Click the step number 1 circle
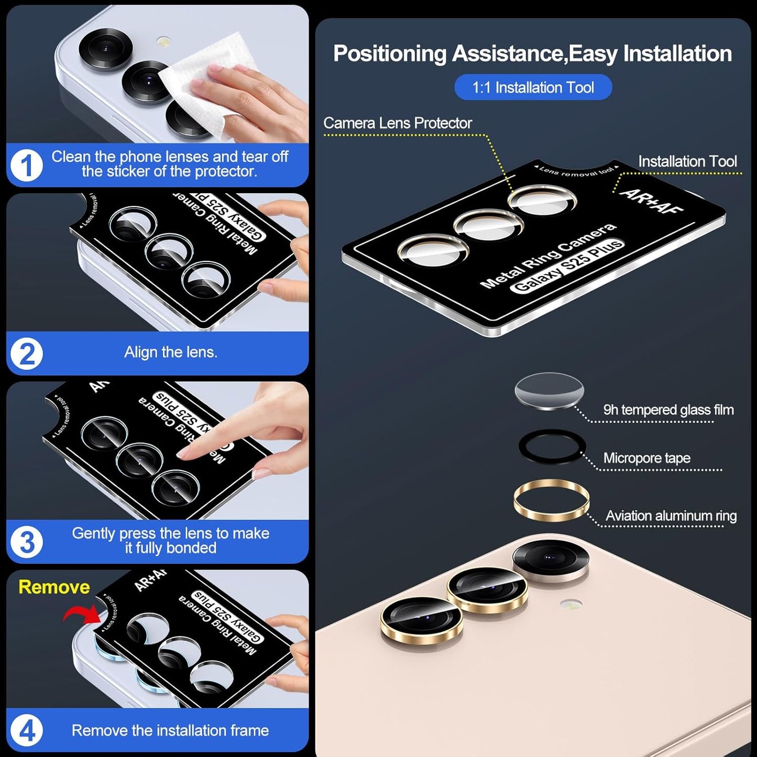pyautogui.click(x=27, y=166)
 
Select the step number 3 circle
pyautogui.click(x=27, y=542)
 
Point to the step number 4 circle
pyautogui.click(x=27, y=730)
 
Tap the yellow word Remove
pyautogui.click(x=54, y=587)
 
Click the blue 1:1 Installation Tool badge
pyautogui.click(x=533, y=87)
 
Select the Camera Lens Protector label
pyautogui.click(x=398, y=123)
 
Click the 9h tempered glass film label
pyautogui.click(x=668, y=410)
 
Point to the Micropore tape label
pyautogui.click(x=646, y=458)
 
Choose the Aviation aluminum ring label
pyautogui.click(x=671, y=516)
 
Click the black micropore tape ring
pyautogui.click(x=551, y=447)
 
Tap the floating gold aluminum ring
pyautogui.click(x=551, y=500)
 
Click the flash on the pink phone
pyautogui.click(x=570, y=604)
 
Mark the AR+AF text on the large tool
pyautogui.click(x=651, y=201)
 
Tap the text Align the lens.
pyautogui.click(x=170, y=353)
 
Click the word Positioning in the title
pyautogui.click(x=390, y=54)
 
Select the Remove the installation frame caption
pyautogui.click(x=170, y=730)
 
